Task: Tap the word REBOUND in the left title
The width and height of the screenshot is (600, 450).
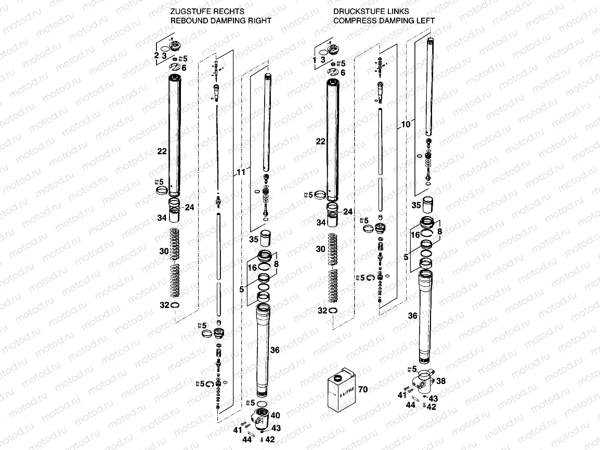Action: coord(190,21)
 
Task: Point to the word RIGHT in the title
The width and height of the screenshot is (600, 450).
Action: coord(259,21)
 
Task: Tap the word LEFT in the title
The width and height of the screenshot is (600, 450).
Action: coord(425,21)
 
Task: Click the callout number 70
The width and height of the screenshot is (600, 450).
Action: coord(362,389)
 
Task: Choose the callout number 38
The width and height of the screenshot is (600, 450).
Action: coord(440,381)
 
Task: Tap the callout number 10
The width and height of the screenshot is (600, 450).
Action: coord(406,125)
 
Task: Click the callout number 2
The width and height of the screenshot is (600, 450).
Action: coord(155,55)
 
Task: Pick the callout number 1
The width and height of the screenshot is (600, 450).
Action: coord(315,60)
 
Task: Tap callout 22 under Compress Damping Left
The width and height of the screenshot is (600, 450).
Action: coord(320,141)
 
